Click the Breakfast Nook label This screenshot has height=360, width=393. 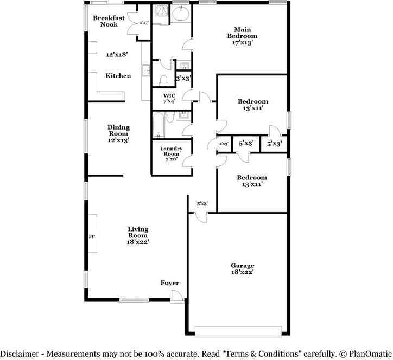pos(109,21)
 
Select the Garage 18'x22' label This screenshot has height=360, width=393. pos(242,269)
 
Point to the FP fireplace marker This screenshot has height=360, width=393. pos(92,237)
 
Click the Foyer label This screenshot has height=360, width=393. pos(169,283)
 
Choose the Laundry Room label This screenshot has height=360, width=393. pos(171,151)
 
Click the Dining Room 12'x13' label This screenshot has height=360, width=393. pos(118,133)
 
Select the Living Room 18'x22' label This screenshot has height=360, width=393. pos(138,235)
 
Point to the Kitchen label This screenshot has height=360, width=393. pos(118,76)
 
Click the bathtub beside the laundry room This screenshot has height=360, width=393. pos(159,124)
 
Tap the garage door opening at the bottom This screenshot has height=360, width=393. pos(238,331)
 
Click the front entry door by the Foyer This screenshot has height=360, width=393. pos(178,295)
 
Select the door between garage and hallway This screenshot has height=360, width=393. pos(201,216)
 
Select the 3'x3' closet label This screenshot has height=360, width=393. pos(183,79)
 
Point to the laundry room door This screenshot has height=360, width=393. pos(188,160)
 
